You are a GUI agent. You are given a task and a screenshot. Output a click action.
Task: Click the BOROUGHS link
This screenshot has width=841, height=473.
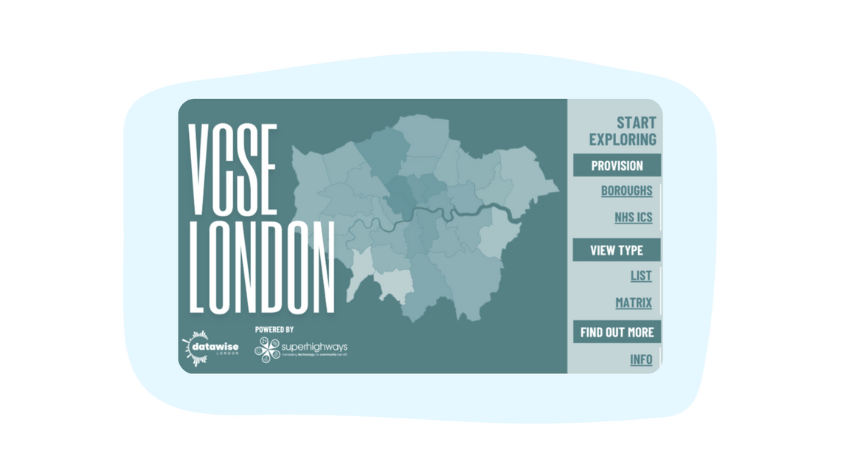point(626,190)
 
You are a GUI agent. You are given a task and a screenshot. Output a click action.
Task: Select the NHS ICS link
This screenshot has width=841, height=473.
point(633,217)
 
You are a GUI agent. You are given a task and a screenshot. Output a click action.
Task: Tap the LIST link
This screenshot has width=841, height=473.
point(640,275)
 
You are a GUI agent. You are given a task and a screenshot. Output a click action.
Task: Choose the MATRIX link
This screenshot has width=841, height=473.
point(633,303)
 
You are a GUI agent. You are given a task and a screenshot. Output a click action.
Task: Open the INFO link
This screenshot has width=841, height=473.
point(640,359)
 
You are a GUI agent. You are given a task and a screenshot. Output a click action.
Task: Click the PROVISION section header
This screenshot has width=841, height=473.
point(617,165)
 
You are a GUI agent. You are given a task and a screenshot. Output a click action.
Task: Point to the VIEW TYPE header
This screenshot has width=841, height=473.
point(617,250)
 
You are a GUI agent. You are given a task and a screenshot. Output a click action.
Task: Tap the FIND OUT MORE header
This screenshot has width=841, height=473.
point(617,332)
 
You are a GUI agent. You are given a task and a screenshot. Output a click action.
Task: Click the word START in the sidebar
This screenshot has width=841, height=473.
point(636,122)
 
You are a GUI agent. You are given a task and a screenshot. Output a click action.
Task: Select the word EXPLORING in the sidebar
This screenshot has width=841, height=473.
point(623,139)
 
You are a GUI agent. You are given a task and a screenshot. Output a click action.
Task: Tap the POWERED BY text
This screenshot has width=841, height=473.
point(274,329)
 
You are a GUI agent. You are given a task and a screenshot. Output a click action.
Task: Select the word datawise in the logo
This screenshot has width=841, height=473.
point(215,347)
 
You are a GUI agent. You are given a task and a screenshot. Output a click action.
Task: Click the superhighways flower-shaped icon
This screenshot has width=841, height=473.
point(266,350)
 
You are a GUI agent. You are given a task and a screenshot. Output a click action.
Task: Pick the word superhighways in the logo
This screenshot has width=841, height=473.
point(314,347)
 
